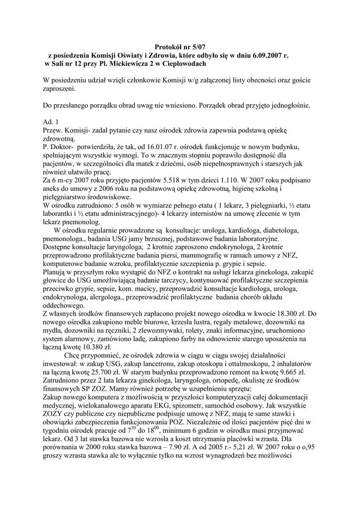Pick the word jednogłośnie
click(285, 105)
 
